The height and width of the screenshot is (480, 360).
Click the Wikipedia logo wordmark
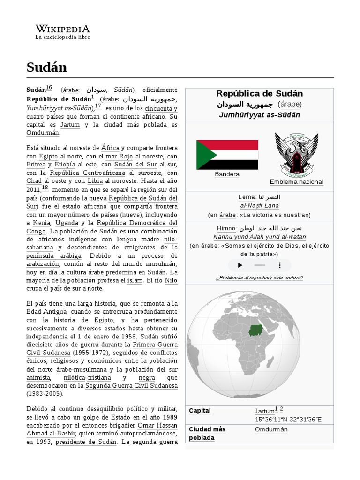62,29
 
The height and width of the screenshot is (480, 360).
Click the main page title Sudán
47,67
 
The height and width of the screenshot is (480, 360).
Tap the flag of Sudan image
227,155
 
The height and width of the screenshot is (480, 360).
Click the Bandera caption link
227,174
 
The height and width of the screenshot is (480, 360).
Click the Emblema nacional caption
296,182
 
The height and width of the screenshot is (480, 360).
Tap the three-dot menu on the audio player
280,265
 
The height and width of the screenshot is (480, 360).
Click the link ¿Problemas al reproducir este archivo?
259,277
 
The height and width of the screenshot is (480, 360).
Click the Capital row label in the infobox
200,411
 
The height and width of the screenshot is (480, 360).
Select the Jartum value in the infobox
264,411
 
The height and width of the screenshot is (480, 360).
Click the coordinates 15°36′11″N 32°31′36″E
288,419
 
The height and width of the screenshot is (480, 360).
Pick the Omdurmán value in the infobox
271,429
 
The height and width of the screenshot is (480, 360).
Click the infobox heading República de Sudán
259,93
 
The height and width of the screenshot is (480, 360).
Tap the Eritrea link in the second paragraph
36,165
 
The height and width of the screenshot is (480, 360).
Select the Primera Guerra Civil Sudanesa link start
155,344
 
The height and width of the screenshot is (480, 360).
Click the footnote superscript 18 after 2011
45,188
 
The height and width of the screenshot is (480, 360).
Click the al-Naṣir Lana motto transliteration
259,206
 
